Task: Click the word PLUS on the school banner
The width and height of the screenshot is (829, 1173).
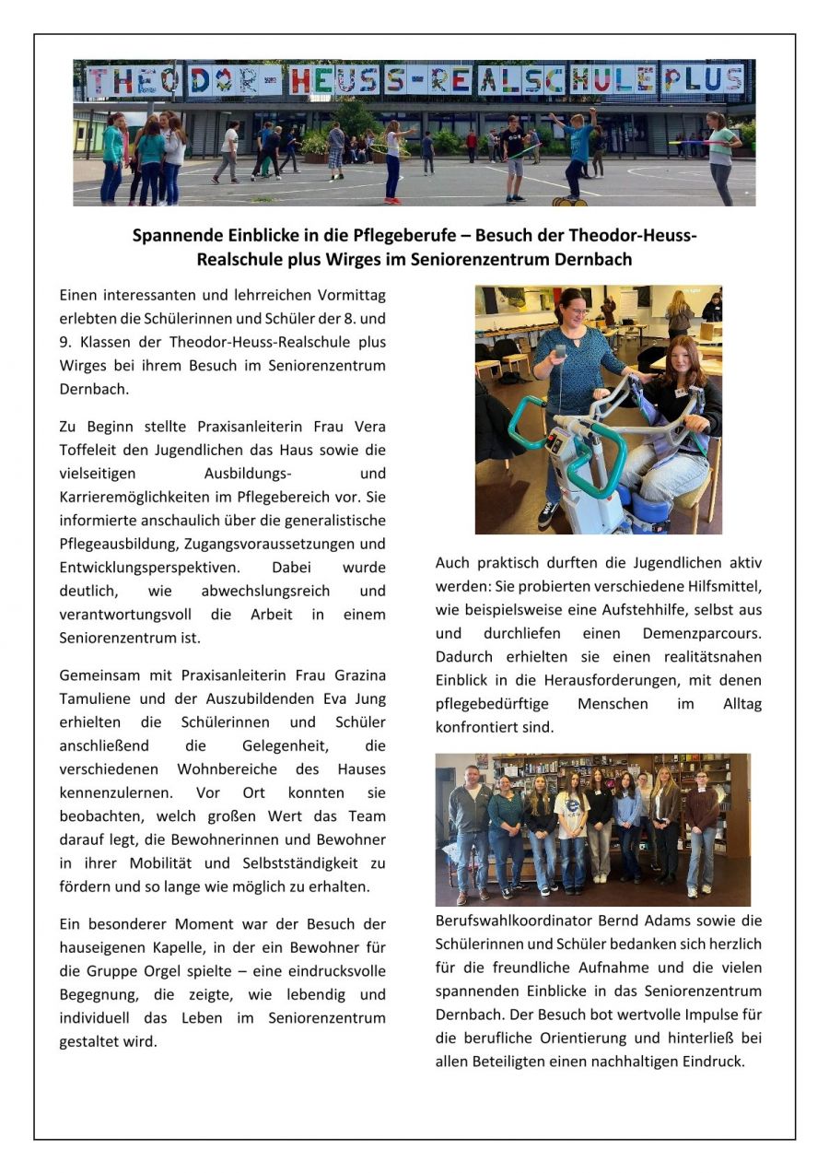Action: [x=703, y=80]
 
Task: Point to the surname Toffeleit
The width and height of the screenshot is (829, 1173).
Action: [x=92, y=451]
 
